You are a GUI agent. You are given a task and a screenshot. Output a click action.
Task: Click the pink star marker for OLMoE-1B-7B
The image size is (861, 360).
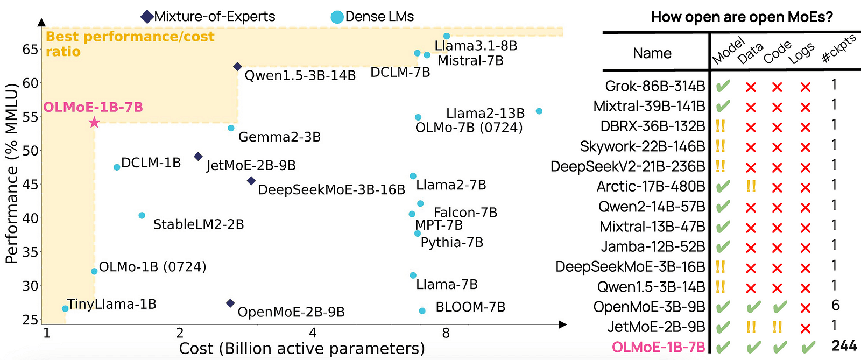94,123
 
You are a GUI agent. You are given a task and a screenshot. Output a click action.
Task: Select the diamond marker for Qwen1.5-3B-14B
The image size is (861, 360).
237,67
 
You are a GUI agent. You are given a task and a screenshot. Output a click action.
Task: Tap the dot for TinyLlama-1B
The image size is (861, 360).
65,309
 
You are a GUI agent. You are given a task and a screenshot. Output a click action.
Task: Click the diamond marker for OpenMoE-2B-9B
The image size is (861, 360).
230,303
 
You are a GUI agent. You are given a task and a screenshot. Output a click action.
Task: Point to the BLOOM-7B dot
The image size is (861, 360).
422,311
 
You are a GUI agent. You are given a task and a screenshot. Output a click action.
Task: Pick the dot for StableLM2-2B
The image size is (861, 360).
142,215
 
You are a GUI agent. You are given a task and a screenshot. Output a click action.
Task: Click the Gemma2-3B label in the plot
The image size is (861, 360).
279,137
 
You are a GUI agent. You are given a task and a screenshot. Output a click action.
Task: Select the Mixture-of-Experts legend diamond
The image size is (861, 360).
147,17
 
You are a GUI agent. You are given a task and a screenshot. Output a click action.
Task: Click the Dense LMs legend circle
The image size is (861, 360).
337,17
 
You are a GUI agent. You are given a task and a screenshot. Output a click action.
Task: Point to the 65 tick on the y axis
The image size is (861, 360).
31,50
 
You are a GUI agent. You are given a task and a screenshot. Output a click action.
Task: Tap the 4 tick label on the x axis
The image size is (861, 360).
313,334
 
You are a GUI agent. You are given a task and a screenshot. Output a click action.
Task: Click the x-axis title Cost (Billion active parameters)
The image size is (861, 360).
302,349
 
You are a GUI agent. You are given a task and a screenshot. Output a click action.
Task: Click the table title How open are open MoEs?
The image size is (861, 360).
742,17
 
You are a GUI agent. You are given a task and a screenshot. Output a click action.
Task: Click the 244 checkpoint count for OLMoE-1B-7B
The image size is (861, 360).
844,345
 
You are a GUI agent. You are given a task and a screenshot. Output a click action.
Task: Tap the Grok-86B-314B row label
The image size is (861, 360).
655,86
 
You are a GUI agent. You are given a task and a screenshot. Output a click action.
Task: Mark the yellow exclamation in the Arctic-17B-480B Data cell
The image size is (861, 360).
751,187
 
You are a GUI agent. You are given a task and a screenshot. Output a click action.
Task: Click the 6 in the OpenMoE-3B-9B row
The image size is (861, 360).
835,306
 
